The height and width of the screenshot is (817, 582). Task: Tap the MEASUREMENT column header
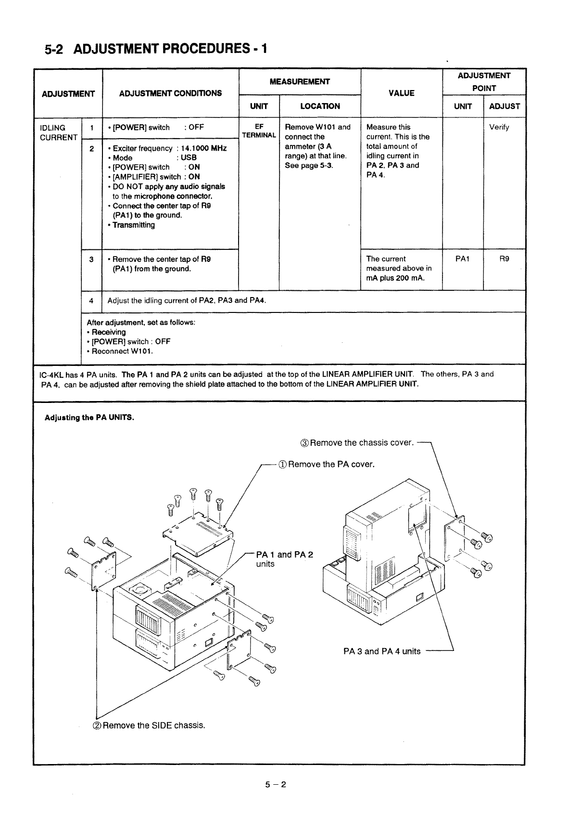(x=300, y=81)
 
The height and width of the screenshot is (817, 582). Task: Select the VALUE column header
(x=401, y=93)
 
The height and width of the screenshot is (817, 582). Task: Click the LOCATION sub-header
(x=320, y=106)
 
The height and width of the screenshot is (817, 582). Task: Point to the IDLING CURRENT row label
(x=58, y=132)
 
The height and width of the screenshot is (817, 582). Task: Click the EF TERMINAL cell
(x=259, y=131)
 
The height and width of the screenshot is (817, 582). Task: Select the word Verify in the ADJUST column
(x=499, y=128)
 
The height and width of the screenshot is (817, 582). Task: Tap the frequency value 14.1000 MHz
(x=203, y=148)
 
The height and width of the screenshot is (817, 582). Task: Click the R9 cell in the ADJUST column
(x=504, y=259)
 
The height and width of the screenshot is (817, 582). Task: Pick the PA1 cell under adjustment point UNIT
(x=462, y=259)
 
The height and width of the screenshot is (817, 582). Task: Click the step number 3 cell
(x=91, y=259)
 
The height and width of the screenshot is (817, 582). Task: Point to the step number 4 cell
(x=91, y=301)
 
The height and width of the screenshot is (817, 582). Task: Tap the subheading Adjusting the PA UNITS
(x=89, y=417)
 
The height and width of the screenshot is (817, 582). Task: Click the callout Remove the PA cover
(x=326, y=464)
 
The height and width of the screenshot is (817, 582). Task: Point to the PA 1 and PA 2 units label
(x=284, y=559)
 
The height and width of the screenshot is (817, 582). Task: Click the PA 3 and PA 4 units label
(x=382, y=651)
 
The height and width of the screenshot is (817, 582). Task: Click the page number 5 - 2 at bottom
(x=275, y=785)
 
